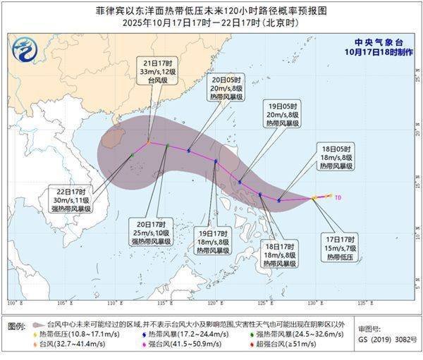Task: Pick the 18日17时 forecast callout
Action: tap(279, 255)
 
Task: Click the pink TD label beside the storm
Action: tap(338, 197)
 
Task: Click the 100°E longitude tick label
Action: tap(12, 304)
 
